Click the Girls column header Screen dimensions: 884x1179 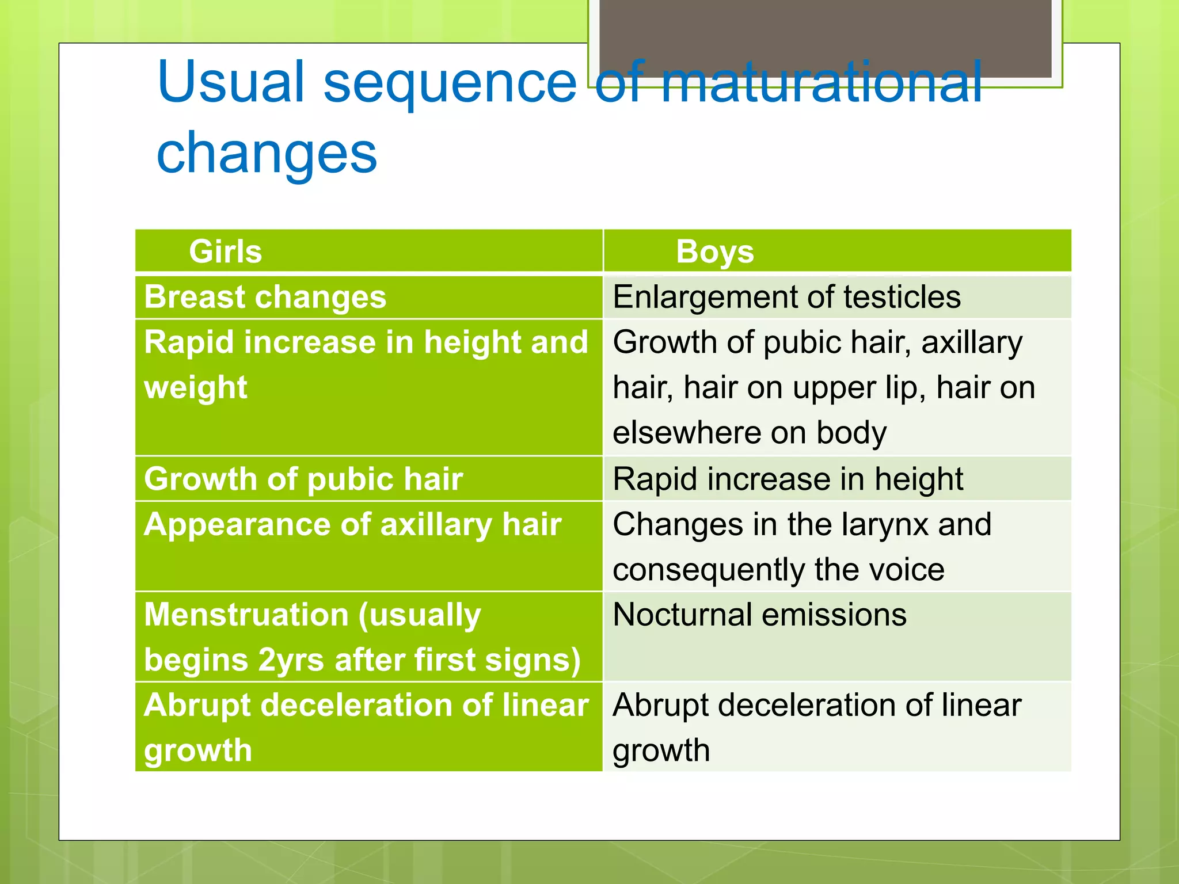point(225,252)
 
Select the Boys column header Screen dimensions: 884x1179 point(714,252)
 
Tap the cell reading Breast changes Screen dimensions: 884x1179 point(265,297)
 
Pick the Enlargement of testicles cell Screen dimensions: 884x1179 point(786,297)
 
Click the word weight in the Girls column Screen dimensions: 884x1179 point(196,387)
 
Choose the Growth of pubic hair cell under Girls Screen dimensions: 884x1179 point(303,479)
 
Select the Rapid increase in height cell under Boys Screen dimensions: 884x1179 point(788,479)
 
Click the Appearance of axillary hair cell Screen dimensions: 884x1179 point(352,524)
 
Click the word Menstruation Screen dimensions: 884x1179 point(246,615)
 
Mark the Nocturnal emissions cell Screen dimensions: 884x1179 point(759,615)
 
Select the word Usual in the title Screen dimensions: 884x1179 point(230,82)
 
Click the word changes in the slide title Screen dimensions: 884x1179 point(267,153)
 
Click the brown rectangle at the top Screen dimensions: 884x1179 point(825,35)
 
